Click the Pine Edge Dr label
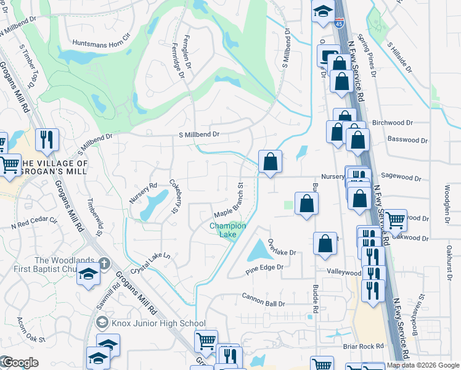(264, 268)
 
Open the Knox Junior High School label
(158, 323)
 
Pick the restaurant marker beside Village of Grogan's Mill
(46, 139)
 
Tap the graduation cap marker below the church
(88, 274)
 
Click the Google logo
(20, 363)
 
